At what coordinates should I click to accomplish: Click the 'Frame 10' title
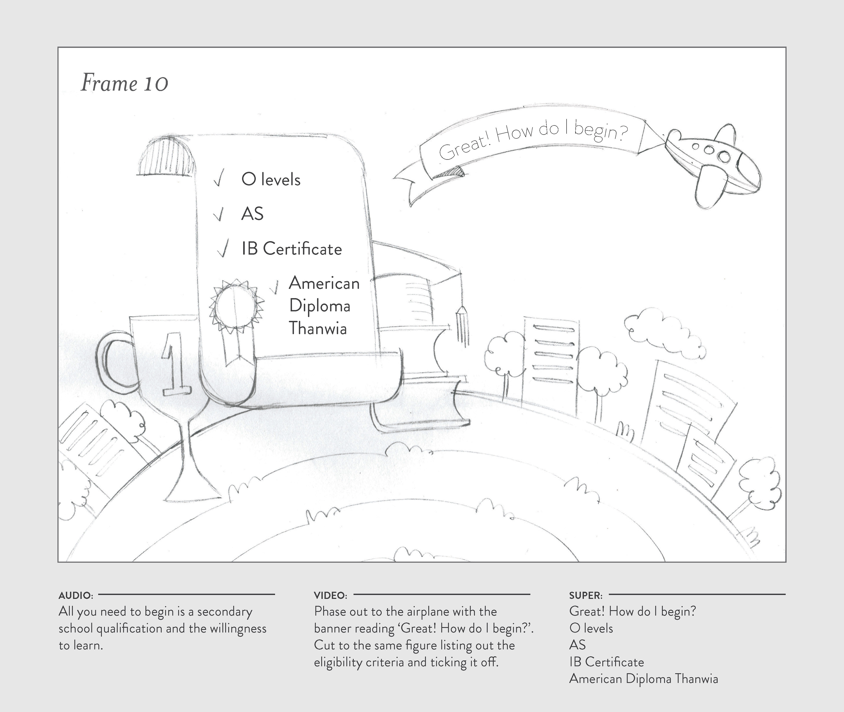[x=124, y=83]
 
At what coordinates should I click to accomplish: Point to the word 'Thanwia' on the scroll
[x=318, y=328]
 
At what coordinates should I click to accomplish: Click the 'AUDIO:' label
[x=76, y=595]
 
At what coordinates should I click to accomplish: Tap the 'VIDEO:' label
[x=330, y=595]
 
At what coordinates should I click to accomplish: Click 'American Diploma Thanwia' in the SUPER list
[x=643, y=679]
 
